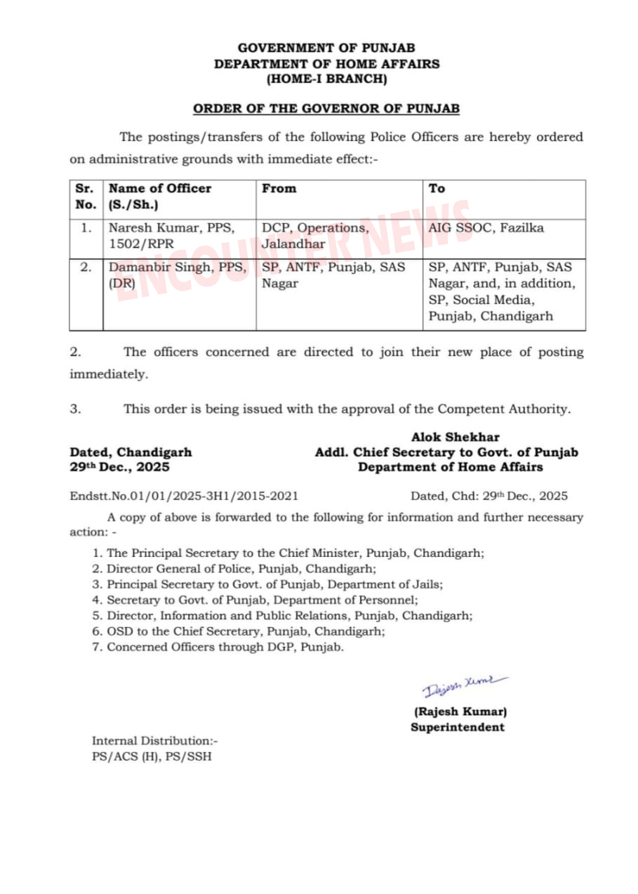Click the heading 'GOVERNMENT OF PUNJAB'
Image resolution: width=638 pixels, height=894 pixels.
(326, 48)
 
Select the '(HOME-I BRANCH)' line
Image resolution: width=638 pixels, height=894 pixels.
(326, 79)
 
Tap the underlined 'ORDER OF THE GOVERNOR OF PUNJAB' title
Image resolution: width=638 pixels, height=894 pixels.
(326, 109)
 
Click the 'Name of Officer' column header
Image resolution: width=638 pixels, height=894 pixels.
(159, 188)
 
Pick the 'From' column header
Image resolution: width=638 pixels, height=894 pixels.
(279, 188)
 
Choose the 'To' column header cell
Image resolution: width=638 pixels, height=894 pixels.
(437, 188)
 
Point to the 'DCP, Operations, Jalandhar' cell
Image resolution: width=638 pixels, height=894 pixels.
(315, 236)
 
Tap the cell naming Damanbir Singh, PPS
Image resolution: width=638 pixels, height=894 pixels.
(178, 275)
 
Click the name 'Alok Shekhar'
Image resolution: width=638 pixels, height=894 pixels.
(456, 437)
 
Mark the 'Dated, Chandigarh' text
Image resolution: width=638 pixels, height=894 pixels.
(131, 452)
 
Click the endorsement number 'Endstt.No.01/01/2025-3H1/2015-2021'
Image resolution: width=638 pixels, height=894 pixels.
(184, 496)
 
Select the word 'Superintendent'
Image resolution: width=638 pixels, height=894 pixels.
(458, 727)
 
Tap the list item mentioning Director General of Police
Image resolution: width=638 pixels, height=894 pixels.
(241, 569)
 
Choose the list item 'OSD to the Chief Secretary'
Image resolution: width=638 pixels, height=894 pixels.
(246, 631)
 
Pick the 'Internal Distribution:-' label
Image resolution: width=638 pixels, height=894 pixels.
(155, 741)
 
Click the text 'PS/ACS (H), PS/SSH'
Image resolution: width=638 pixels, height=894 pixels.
(152, 756)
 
